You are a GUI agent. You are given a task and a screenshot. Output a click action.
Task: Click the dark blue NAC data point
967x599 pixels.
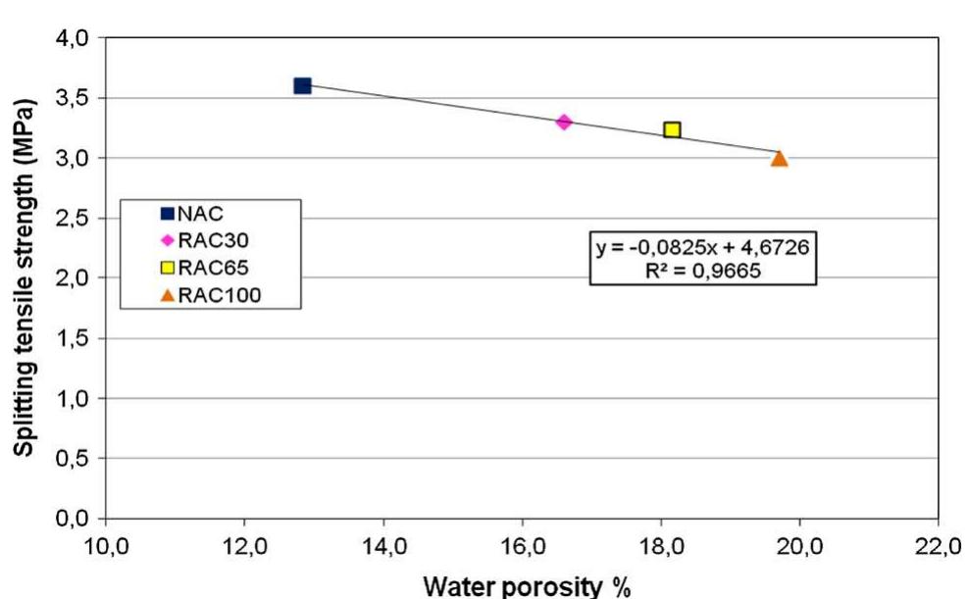point(302,86)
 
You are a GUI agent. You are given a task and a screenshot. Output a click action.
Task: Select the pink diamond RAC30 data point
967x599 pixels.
point(564,122)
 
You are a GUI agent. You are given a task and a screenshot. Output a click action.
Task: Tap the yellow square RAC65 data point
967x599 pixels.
point(672,129)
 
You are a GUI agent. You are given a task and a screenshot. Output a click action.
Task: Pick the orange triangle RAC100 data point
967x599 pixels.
point(779,158)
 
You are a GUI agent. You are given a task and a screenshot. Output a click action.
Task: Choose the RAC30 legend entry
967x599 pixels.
point(201,240)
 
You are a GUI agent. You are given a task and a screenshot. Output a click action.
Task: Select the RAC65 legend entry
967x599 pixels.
point(201,268)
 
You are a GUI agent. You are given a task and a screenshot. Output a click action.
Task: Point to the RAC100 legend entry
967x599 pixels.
point(205,294)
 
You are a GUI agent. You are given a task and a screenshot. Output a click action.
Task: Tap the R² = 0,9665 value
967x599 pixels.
point(702,270)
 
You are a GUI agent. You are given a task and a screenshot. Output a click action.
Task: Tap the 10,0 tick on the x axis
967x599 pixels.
point(105,541)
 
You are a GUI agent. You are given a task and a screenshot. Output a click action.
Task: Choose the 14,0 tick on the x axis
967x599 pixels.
point(382,541)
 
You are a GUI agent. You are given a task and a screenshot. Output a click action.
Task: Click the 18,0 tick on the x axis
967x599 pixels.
point(660,541)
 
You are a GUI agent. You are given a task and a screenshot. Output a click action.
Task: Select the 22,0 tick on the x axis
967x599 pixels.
point(938,541)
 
